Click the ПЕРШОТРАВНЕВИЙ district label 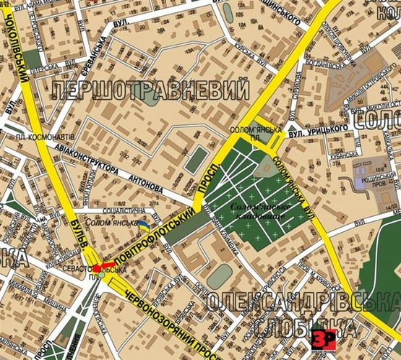[x=150, y=91]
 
